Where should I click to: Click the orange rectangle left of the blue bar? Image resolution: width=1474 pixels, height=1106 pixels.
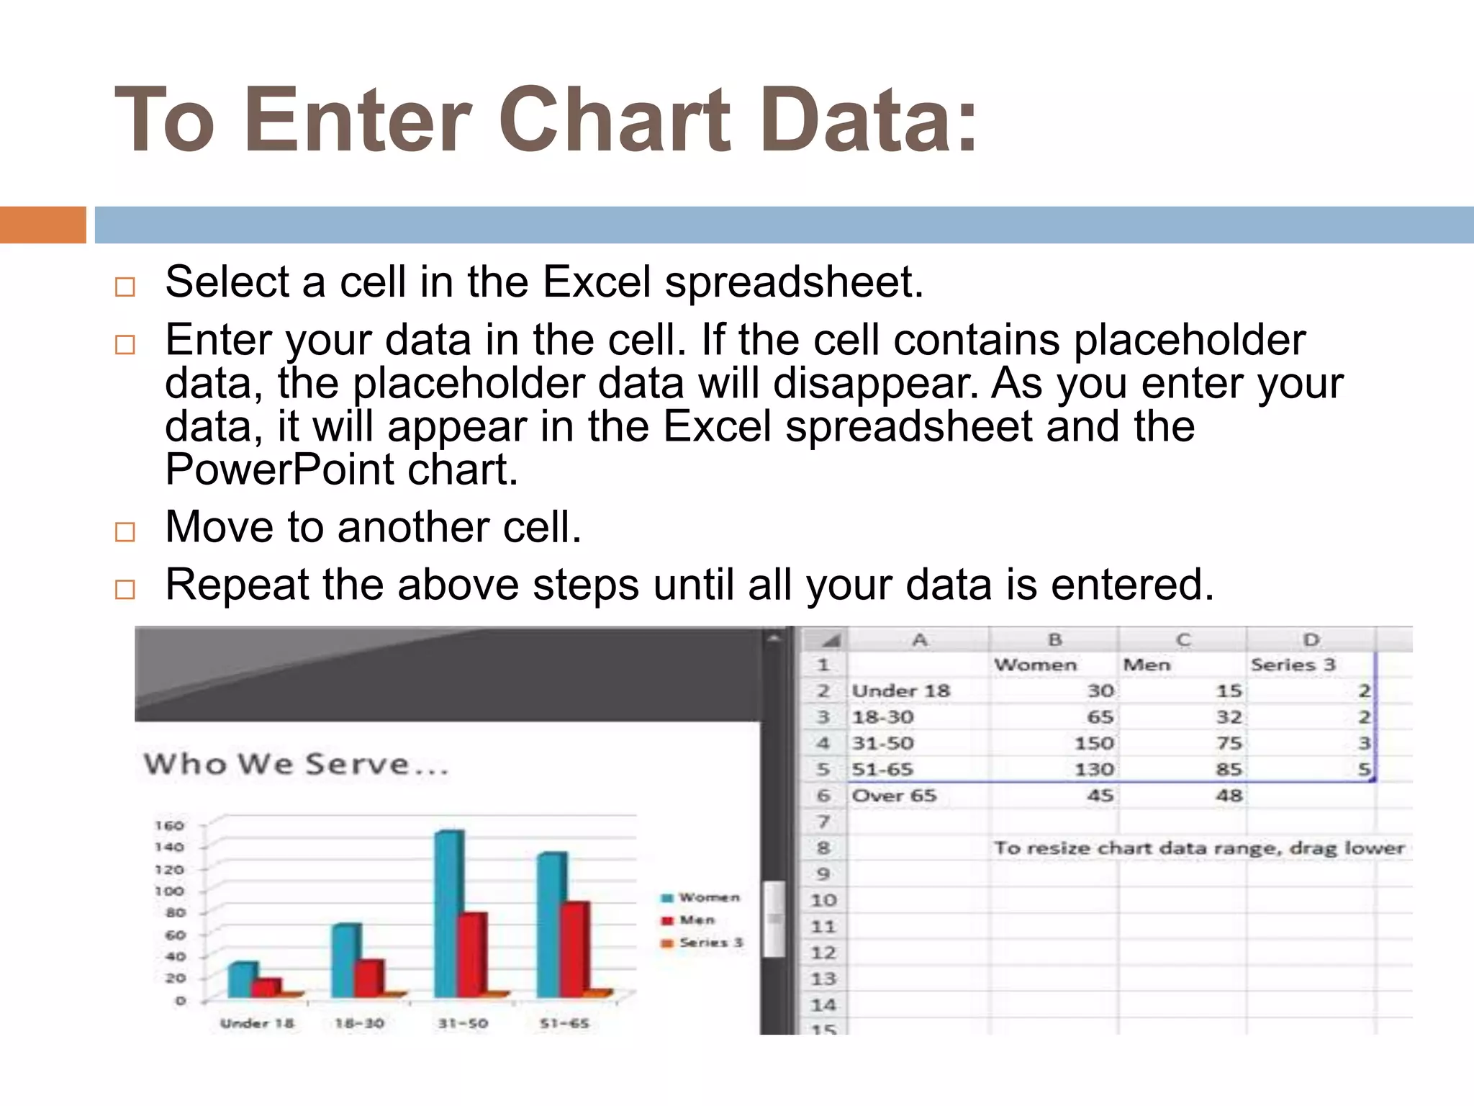(x=42, y=225)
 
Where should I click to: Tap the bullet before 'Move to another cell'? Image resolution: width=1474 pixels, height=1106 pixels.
(x=125, y=532)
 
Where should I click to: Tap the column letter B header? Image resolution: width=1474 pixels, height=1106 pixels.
(x=1054, y=639)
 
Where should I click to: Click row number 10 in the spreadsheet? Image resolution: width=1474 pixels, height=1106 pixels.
(x=823, y=900)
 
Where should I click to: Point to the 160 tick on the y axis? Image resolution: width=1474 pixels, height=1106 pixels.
(x=169, y=825)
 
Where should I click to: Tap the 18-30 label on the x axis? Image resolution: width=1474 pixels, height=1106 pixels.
(x=359, y=1023)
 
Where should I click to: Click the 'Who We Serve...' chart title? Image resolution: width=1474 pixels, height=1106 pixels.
(x=296, y=764)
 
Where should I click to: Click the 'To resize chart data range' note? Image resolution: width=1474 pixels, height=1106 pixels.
(x=1198, y=848)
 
